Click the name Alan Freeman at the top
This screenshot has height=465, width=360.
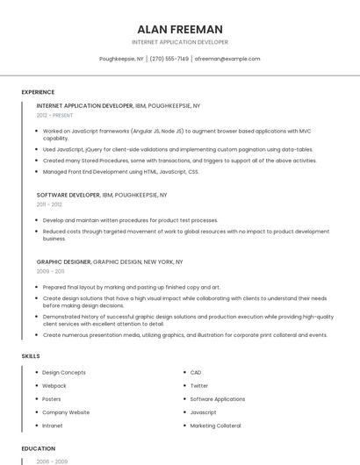coord(180,29)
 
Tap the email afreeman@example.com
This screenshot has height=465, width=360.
coord(227,59)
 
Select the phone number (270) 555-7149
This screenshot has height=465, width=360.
coord(169,59)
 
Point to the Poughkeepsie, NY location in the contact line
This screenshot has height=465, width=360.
coord(122,59)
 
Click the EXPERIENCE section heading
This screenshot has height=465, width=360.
coord(38,92)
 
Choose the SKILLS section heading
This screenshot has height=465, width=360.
coord(30,356)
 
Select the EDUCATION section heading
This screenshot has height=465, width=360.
coord(39,448)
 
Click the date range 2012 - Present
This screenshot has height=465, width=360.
coord(55,115)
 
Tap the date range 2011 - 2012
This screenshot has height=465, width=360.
coord(49,204)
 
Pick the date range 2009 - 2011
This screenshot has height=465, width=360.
coord(49,272)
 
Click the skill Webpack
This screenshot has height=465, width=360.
coord(54,386)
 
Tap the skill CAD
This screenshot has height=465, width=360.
coord(196,373)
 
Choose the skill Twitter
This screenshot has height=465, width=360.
coord(199,386)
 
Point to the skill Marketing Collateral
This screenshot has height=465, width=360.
coord(215,426)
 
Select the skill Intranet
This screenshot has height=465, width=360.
coord(53,426)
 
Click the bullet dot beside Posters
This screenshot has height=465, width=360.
coord(36,399)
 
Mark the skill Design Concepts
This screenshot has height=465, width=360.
coord(64,373)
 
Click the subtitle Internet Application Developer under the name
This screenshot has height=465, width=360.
coord(180,42)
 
